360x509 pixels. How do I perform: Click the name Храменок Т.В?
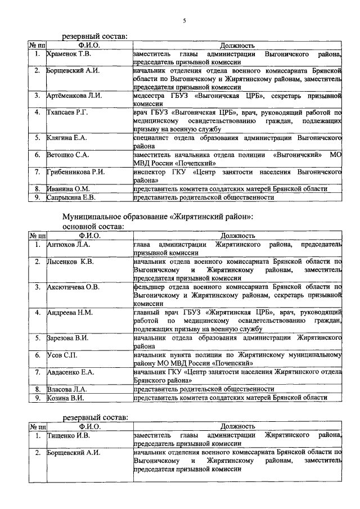(x=69, y=55)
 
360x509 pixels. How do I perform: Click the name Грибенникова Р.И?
(x=76, y=171)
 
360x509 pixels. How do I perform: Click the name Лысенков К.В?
(x=70, y=262)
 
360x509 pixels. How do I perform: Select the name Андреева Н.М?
(x=70, y=312)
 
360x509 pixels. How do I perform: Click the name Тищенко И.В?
(x=69, y=435)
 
